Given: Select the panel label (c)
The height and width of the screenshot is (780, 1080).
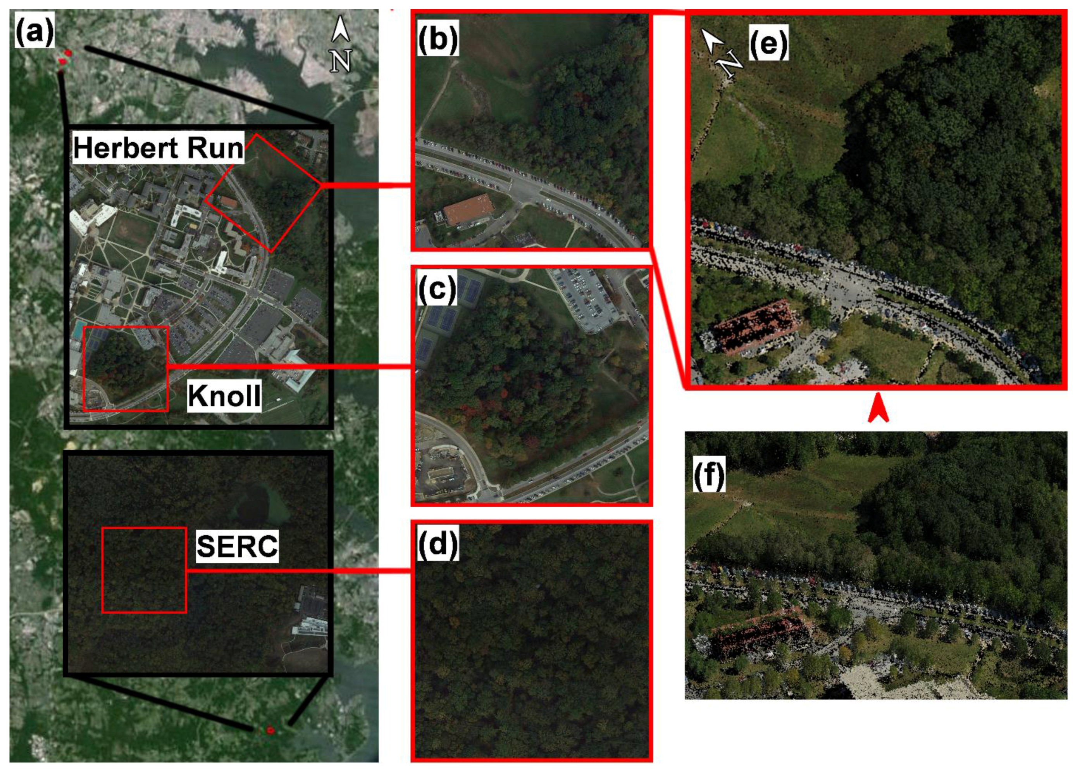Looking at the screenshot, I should coord(437,288).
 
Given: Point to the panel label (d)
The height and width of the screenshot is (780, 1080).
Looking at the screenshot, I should coord(438,543).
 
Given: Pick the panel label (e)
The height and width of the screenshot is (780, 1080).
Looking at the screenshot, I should coord(768,43).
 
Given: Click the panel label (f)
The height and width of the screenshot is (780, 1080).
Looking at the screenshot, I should coord(709,474).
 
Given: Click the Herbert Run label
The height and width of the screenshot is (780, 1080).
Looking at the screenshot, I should coord(158,148).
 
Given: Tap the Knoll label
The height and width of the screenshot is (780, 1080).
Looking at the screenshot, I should coord(224,395).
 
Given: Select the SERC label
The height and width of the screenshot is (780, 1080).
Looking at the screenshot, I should coord(237,546).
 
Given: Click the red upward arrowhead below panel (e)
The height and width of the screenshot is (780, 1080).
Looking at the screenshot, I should coord(878,410).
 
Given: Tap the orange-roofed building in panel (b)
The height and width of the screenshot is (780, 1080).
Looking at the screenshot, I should coord(468,208).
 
